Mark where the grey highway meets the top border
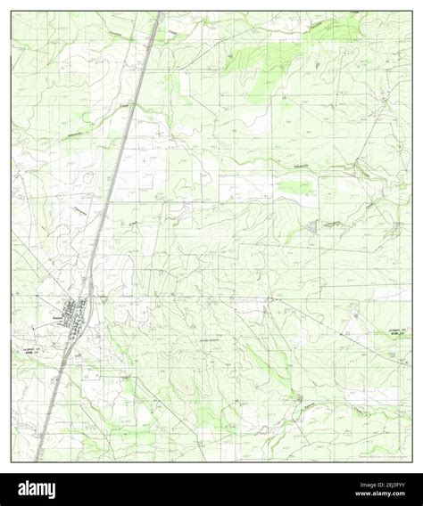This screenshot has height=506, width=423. click(x=158, y=12)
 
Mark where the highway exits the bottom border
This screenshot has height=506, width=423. click(x=37, y=461)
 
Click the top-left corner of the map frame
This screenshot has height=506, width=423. click(x=12, y=12)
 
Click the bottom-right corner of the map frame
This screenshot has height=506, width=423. click(x=411, y=462)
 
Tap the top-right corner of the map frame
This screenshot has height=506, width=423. click(x=411, y=12)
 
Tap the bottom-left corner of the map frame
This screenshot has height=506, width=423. click(x=12, y=462)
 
